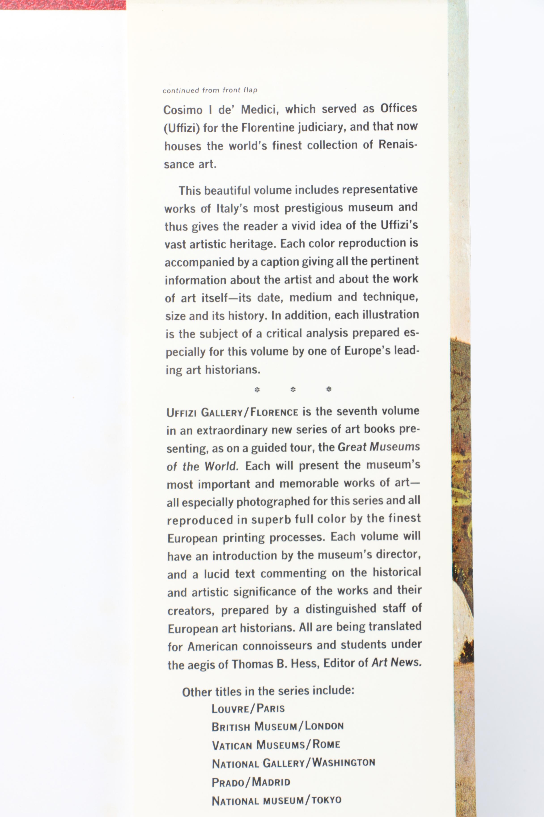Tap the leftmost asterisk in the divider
click(x=257, y=390)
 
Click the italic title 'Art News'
click(x=397, y=663)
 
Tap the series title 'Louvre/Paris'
click(x=248, y=708)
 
